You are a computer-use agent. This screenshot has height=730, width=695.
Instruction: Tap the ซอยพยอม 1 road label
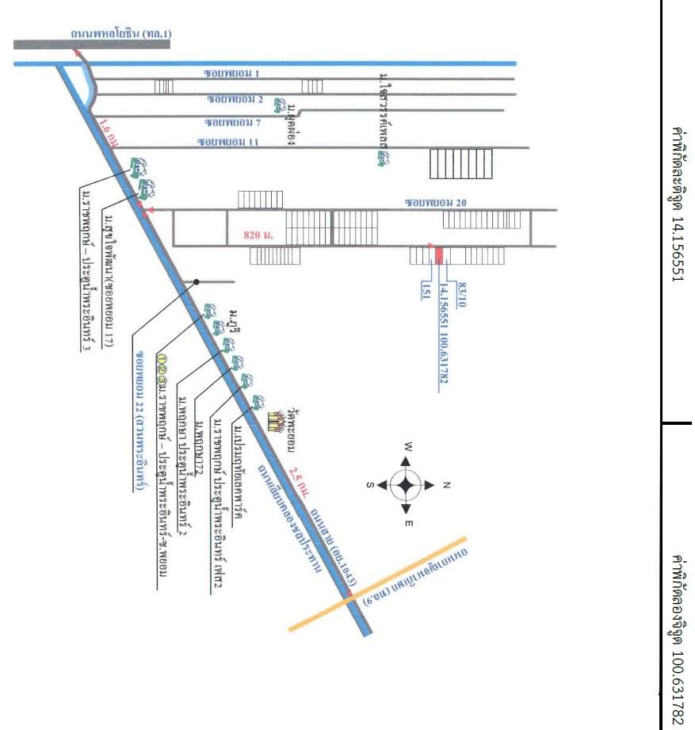(x=234, y=73)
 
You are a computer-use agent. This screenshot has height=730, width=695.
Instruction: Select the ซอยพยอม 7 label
(x=233, y=123)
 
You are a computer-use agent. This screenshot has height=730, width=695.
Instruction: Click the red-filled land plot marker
(x=437, y=254)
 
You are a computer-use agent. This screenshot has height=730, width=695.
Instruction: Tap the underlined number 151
(x=426, y=290)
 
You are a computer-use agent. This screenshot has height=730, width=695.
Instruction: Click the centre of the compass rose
(x=406, y=485)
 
